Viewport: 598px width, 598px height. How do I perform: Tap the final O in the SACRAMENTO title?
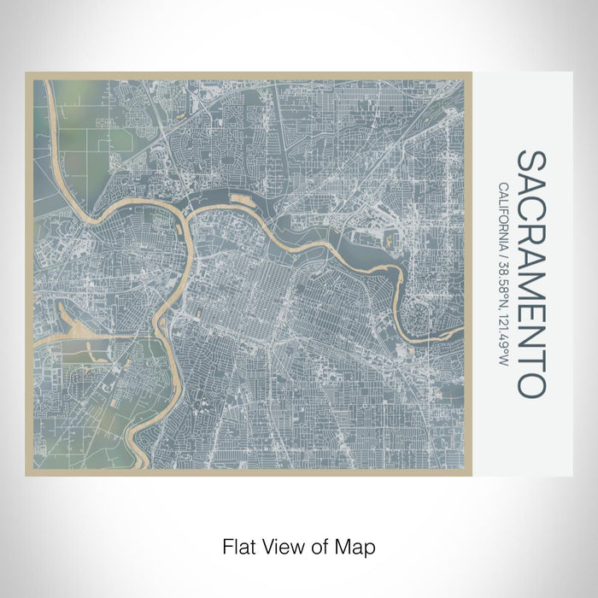[x=531, y=384]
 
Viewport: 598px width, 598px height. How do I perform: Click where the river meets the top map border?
[x=53, y=81]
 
